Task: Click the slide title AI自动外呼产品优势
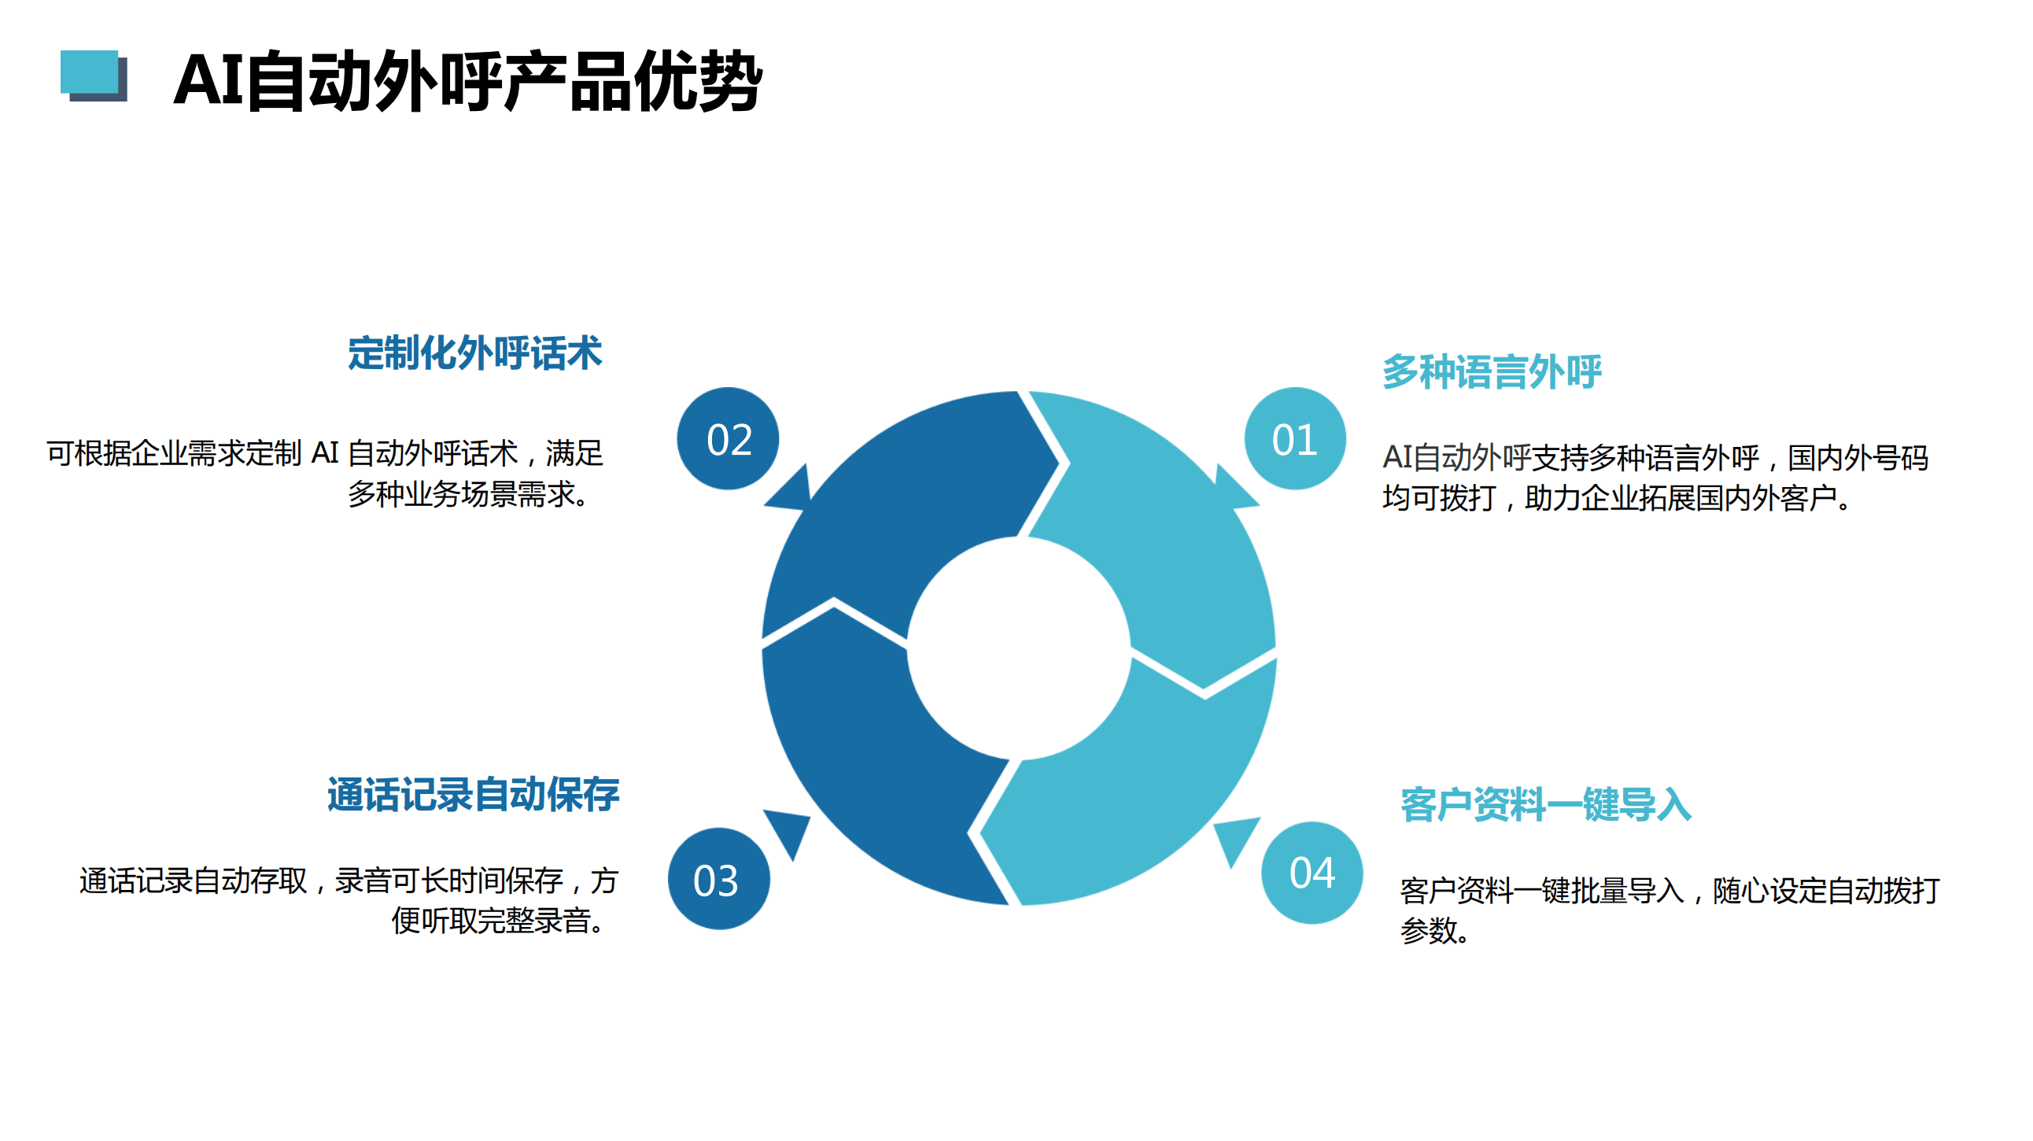pos(468,79)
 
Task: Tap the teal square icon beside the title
pos(89,72)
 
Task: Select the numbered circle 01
pos(1294,439)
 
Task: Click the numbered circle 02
pos(728,439)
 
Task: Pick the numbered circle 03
pos(718,878)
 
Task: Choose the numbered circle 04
pos(1312,873)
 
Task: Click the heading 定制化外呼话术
pos(475,353)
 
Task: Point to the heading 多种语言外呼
pos(1492,371)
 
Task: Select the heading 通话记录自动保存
pos(474,795)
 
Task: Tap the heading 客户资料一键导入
pos(1546,805)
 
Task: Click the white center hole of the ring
pos(1019,648)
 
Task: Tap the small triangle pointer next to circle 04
pos(1235,838)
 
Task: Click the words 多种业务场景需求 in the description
pos(462,495)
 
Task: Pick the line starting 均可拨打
pos(1616,498)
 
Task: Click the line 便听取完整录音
pos(498,920)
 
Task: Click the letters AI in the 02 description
pos(325,453)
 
